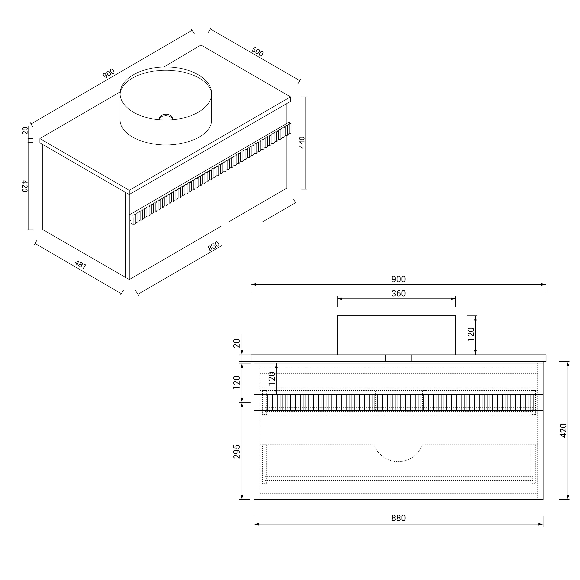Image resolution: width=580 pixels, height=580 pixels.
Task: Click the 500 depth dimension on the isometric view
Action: click(x=257, y=52)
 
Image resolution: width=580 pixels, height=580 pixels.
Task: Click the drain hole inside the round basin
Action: click(x=166, y=117)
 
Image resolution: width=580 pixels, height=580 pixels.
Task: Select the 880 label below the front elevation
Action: click(x=398, y=518)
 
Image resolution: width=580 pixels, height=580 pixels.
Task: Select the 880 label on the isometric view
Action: click(x=214, y=246)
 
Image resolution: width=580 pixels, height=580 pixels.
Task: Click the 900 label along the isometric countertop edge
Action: click(x=109, y=74)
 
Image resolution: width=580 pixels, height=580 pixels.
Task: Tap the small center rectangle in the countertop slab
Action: click(x=398, y=358)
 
